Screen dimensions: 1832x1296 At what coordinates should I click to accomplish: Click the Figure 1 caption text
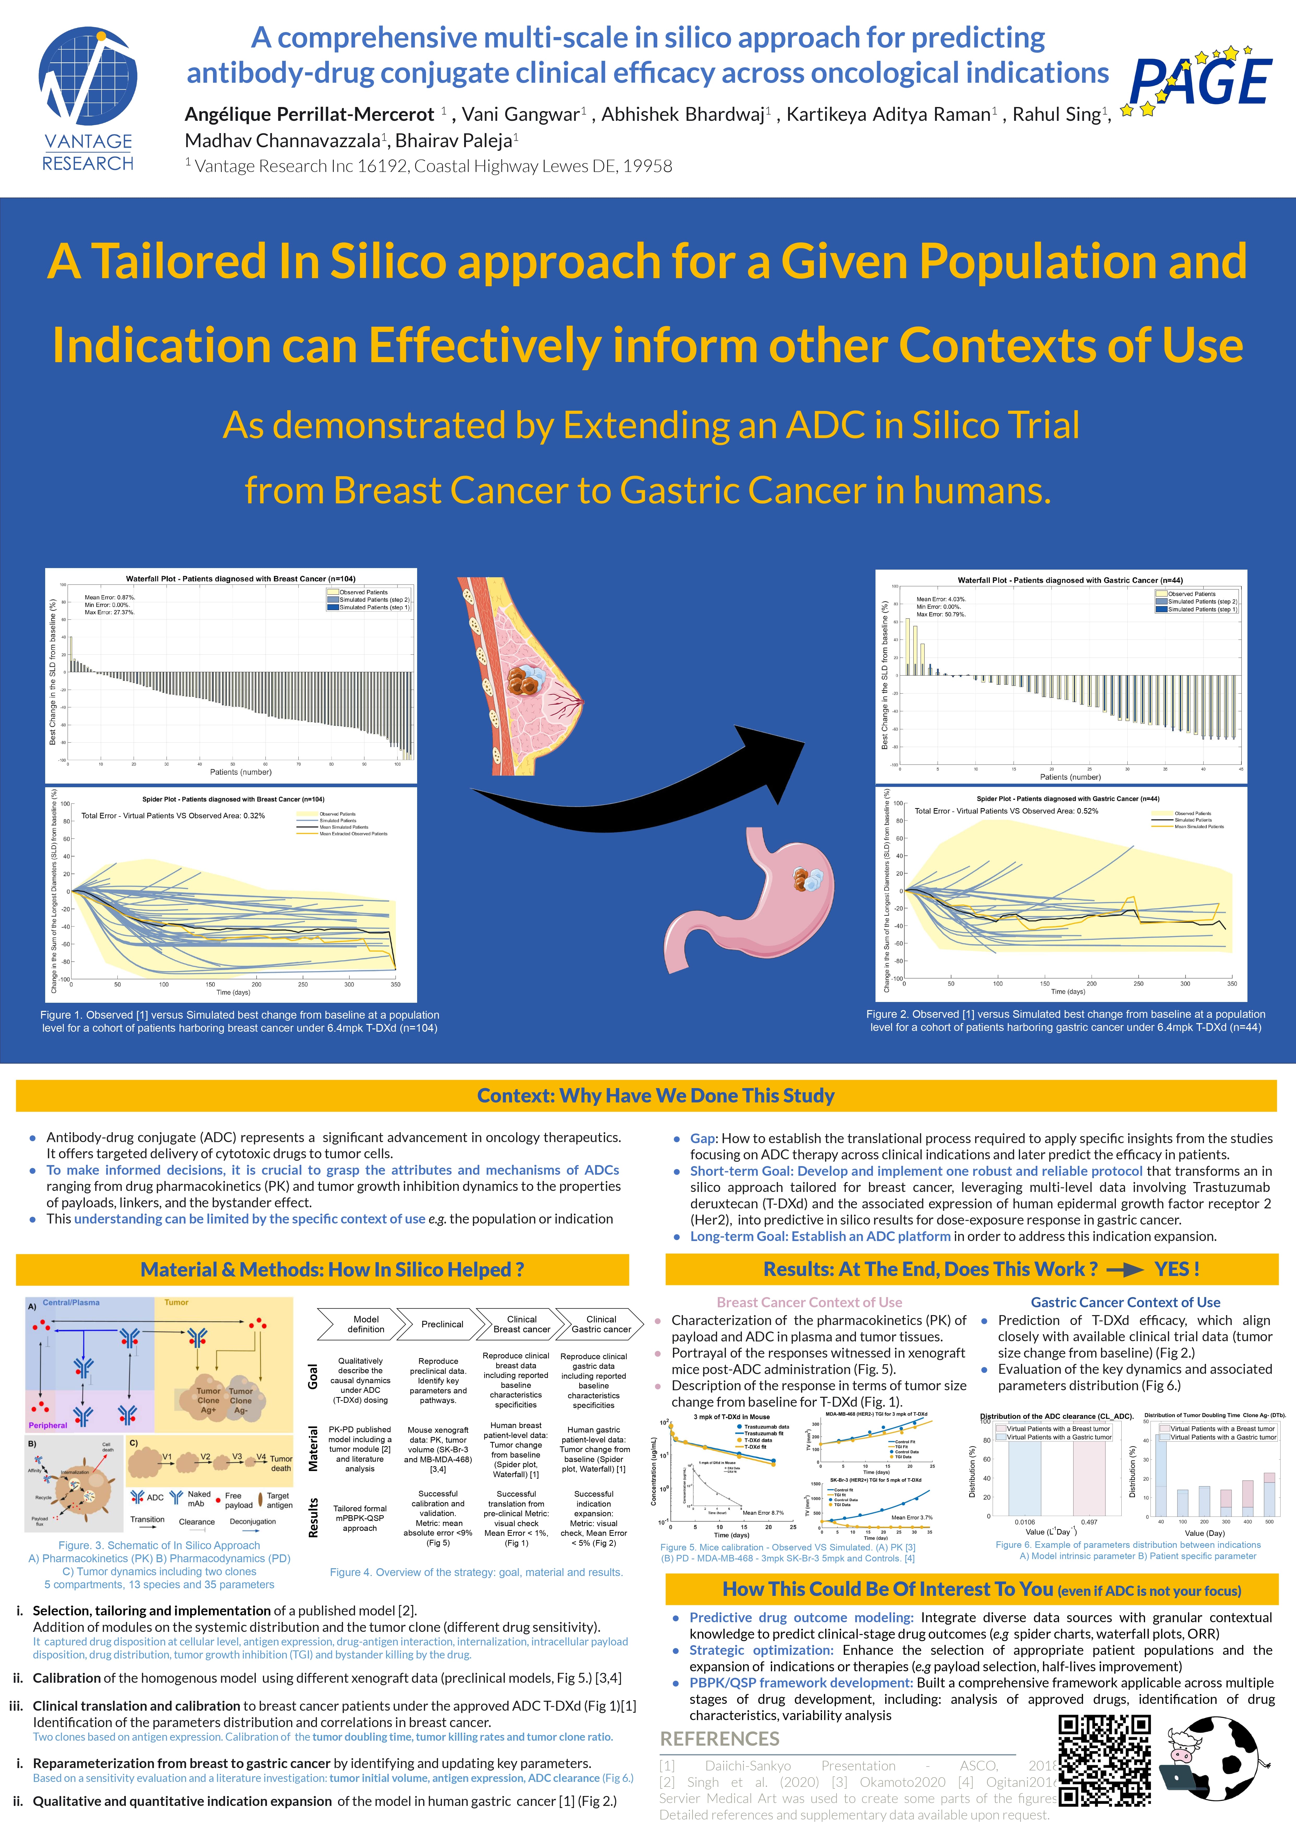(x=239, y=1021)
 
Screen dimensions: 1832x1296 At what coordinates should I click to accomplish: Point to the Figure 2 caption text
(x=1065, y=1021)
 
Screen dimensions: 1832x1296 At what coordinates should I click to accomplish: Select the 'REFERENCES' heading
(x=719, y=1739)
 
